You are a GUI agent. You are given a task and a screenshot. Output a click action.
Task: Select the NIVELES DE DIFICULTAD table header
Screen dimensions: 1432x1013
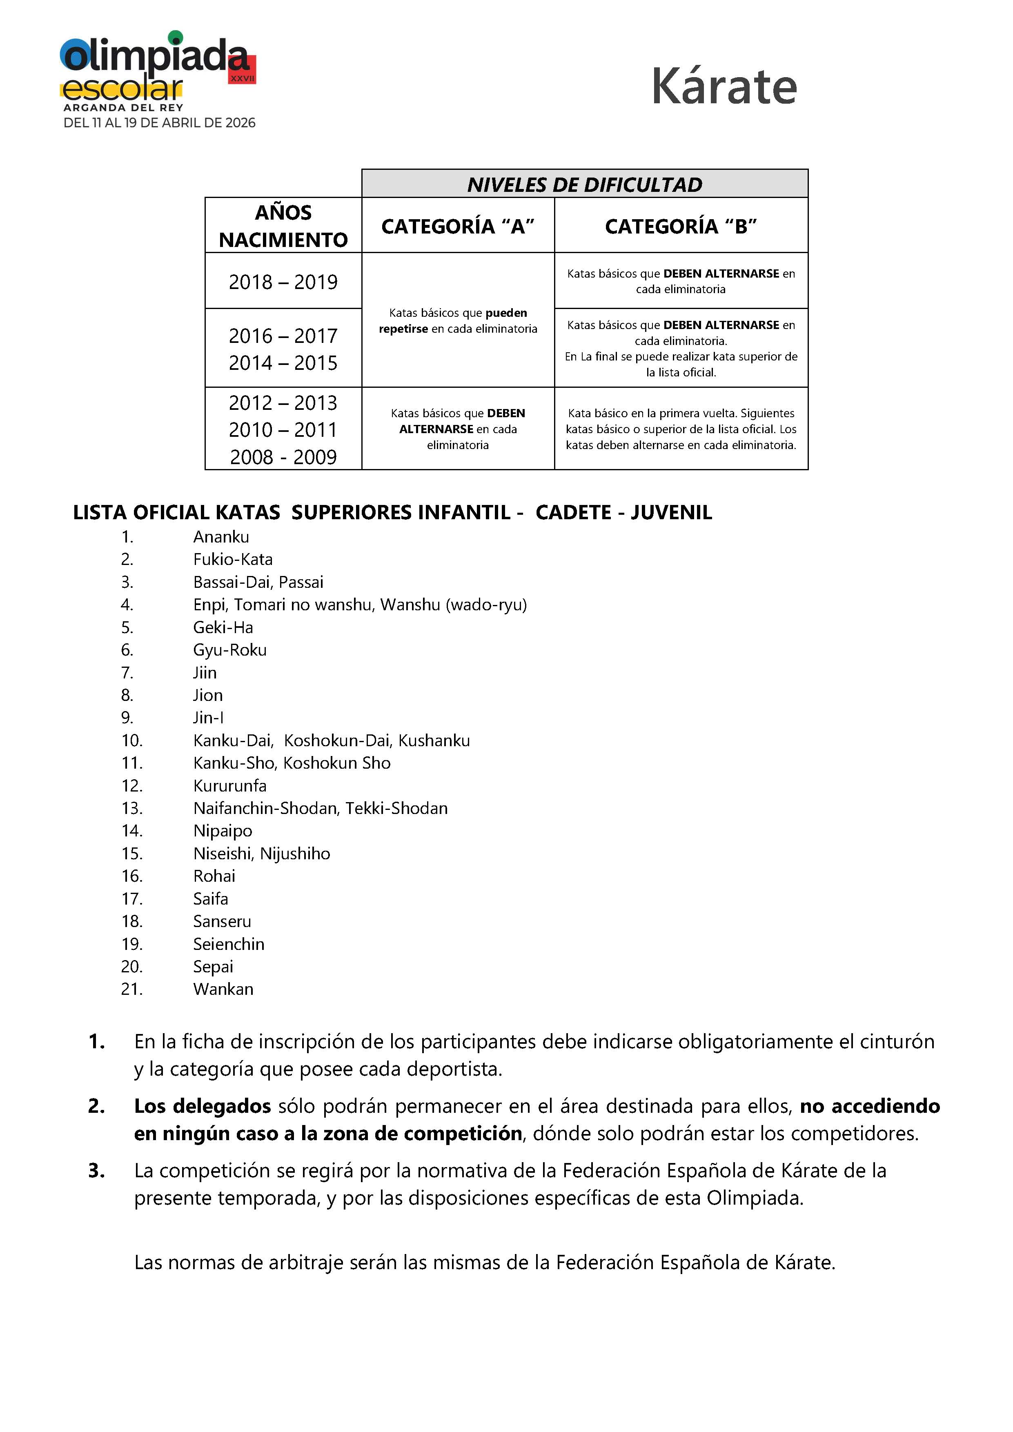(584, 185)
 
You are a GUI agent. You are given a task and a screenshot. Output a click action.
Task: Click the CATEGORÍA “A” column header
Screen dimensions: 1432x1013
(458, 226)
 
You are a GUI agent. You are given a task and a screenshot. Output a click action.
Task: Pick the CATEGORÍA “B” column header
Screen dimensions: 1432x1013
(681, 226)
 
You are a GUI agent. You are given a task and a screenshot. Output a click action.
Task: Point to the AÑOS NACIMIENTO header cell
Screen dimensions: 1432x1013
(283, 226)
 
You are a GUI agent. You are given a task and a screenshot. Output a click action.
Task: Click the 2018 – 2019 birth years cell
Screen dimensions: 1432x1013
(283, 282)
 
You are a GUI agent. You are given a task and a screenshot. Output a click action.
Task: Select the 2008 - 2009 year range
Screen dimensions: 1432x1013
(283, 457)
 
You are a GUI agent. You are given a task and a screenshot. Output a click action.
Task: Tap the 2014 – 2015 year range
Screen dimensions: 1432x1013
(283, 362)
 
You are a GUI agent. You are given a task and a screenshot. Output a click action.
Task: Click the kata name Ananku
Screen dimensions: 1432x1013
(221, 537)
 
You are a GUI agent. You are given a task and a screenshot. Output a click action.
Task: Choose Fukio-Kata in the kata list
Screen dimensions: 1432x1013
(233, 560)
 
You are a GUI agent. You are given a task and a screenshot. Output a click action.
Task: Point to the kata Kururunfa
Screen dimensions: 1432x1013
(229, 786)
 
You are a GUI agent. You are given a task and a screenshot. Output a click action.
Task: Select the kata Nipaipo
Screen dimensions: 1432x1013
(223, 831)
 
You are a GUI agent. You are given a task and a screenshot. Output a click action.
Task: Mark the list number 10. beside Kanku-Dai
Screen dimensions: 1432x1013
(131, 741)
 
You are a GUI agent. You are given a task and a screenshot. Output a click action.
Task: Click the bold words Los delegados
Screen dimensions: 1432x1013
(202, 1106)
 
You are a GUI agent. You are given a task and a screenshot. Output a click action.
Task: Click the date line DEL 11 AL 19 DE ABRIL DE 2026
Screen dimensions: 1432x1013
(160, 123)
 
